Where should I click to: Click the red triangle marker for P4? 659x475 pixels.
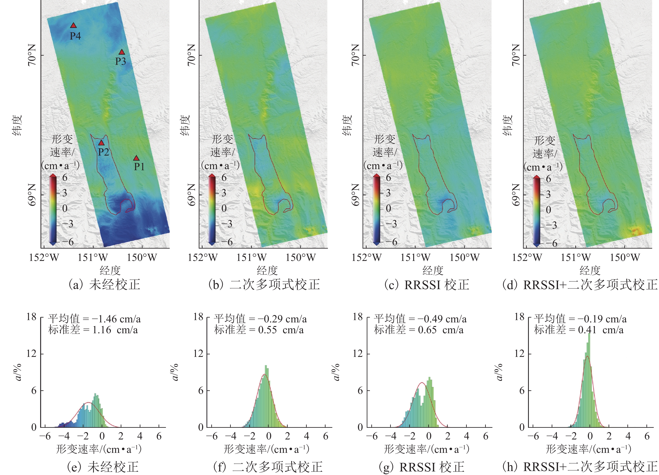pyautogui.click(x=73, y=26)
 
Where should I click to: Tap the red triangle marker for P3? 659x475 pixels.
pyautogui.click(x=122, y=52)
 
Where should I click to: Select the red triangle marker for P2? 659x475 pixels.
pyautogui.click(x=101, y=143)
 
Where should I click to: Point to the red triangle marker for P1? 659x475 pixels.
pyautogui.click(x=136, y=158)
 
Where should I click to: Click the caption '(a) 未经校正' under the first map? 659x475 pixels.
pyautogui.click(x=104, y=285)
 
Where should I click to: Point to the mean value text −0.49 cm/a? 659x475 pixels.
pyautogui.click(x=442, y=319)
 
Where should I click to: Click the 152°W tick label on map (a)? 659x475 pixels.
pyautogui.click(x=44, y=257)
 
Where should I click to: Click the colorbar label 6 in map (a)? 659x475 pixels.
pyautogui.click(x=64, y=177)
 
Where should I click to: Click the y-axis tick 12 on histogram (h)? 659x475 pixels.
pyautogui.click(x=520, y=354)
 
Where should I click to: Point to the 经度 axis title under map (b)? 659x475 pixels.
pyautogui.click(x=267, y=271)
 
